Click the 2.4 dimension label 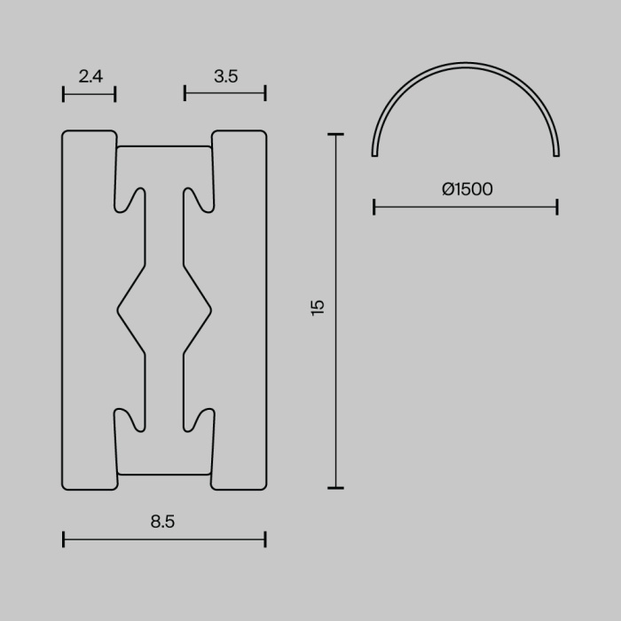click(x=90, y=76)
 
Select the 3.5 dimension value click(x=225, y=76)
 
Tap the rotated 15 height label click(x=318, y=307)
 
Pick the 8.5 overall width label click(x=163, y=522)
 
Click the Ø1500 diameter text click(x=467, y=189)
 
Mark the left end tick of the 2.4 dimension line click(x=64, y=93)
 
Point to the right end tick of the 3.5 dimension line click(x=265, y=93)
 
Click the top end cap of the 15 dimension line click(x=335, y=135)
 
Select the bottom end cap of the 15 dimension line click(x=335, y=487)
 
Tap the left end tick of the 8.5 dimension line click(x=64, y=538)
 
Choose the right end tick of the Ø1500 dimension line click(x=557, y=208)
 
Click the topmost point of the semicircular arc click(x=466, y=65)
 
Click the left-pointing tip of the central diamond click(x=119, y=310)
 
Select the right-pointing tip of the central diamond click(x=211, y=310)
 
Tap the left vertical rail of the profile click(x=89, y=310)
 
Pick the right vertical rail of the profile click(x=240, y=310)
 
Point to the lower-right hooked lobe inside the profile click(x=200, y=421)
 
